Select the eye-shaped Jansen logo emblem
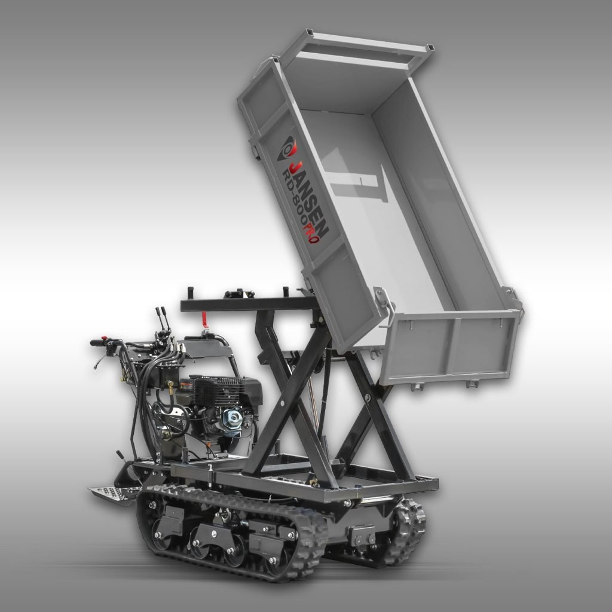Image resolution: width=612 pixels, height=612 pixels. (286, 149)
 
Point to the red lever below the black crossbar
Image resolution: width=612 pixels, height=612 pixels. (204, 320)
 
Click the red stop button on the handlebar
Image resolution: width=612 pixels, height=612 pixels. (104, 338)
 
